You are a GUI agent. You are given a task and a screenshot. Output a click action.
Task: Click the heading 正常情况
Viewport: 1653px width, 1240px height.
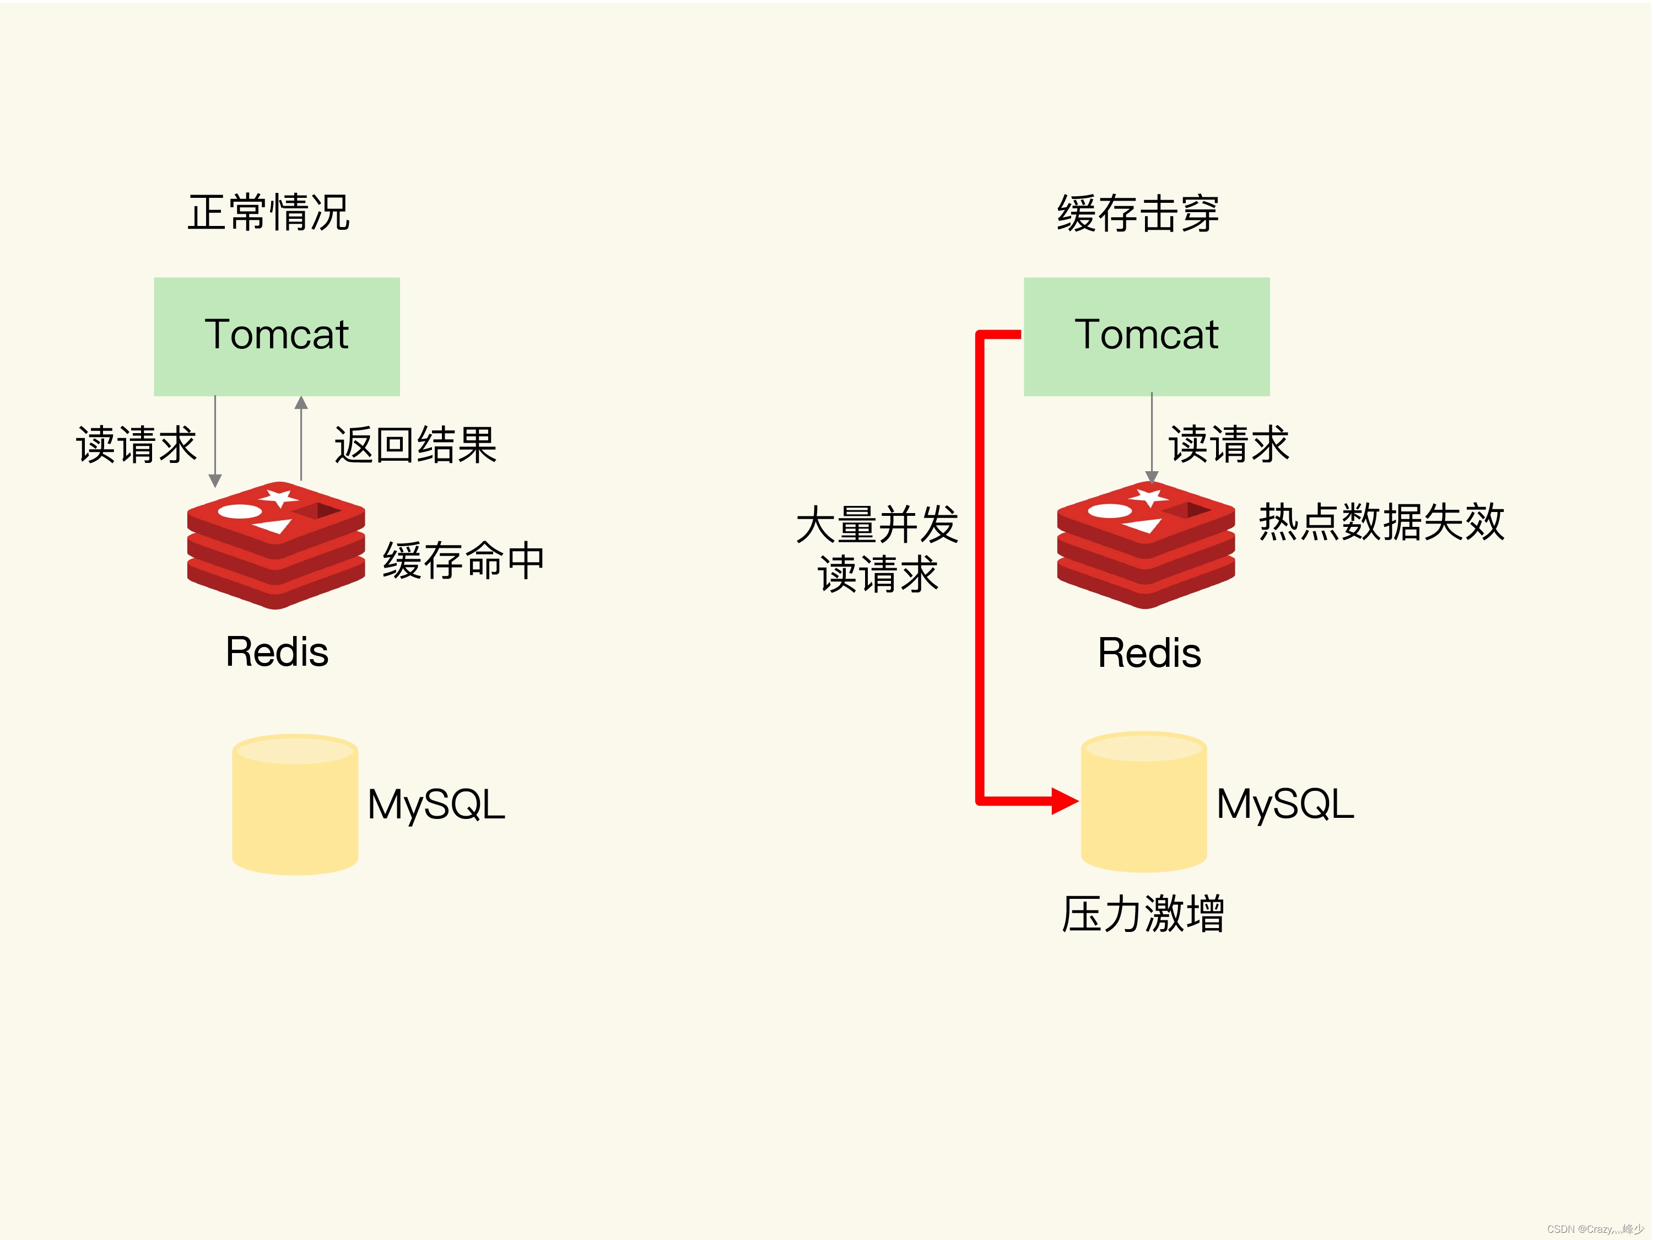pos(268,213)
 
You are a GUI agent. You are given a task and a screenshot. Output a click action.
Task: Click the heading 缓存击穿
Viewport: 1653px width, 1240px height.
pos(1137,214)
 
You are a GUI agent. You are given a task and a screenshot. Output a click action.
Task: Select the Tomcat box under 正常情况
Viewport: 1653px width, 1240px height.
pos(277,336)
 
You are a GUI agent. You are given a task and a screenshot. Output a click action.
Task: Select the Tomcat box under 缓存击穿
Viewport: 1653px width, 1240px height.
pos(1146,336)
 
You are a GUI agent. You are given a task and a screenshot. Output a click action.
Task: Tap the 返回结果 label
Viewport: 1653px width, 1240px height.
pos(415,445)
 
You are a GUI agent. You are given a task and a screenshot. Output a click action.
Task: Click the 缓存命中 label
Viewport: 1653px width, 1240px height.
pos(463,560)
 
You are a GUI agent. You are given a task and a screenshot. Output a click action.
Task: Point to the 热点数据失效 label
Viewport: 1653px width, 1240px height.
pos(1381,522)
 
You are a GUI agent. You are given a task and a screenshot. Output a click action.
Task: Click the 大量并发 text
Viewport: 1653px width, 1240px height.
pos(877,525)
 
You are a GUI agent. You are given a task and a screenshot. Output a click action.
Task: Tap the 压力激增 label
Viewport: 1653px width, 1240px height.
pos(1143,913)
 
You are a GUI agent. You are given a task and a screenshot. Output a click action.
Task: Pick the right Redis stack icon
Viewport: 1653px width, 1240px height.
pos(1146,545)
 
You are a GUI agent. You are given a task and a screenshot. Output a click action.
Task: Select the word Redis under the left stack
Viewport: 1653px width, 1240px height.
pos(277,652)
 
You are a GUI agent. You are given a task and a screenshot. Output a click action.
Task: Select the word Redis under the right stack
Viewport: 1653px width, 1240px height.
pos(1149,653)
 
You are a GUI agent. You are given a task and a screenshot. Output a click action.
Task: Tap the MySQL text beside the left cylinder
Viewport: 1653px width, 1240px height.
pos(436,805)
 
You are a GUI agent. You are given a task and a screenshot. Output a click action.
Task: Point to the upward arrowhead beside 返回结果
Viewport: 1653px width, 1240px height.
pos(301,403)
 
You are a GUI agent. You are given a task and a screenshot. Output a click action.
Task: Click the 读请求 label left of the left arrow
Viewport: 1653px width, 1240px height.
pos(136,445)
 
